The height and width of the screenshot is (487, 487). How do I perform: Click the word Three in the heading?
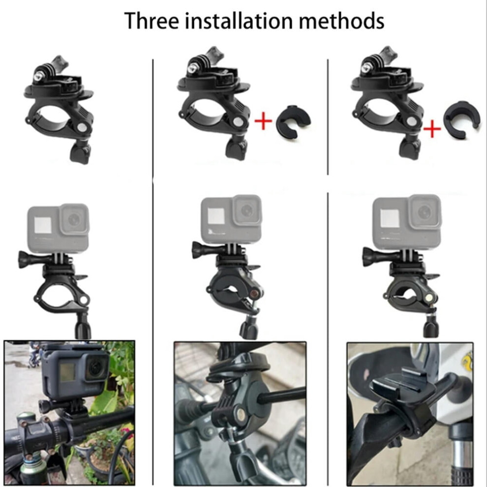(152, 21)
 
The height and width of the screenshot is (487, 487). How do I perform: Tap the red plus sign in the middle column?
(263, 121)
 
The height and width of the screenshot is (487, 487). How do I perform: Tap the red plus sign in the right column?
(432, 129)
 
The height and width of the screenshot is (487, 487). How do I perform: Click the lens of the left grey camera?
(74, 219)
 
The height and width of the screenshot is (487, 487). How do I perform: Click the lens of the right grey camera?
(424, 212)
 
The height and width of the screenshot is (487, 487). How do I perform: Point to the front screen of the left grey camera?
(43, 225)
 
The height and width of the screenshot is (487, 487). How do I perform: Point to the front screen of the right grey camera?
(390, 218)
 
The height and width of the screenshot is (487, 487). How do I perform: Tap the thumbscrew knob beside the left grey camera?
(26, 260)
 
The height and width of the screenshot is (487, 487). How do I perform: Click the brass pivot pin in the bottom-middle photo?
(241, 413)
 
